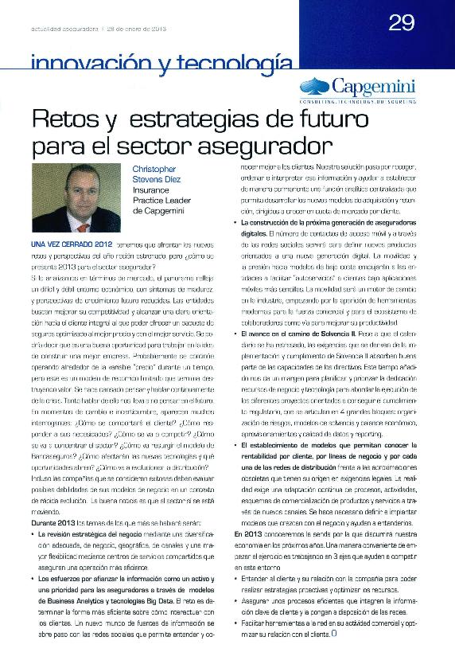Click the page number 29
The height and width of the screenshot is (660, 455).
[402, 23]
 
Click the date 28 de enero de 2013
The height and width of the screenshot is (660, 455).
[135, 29]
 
